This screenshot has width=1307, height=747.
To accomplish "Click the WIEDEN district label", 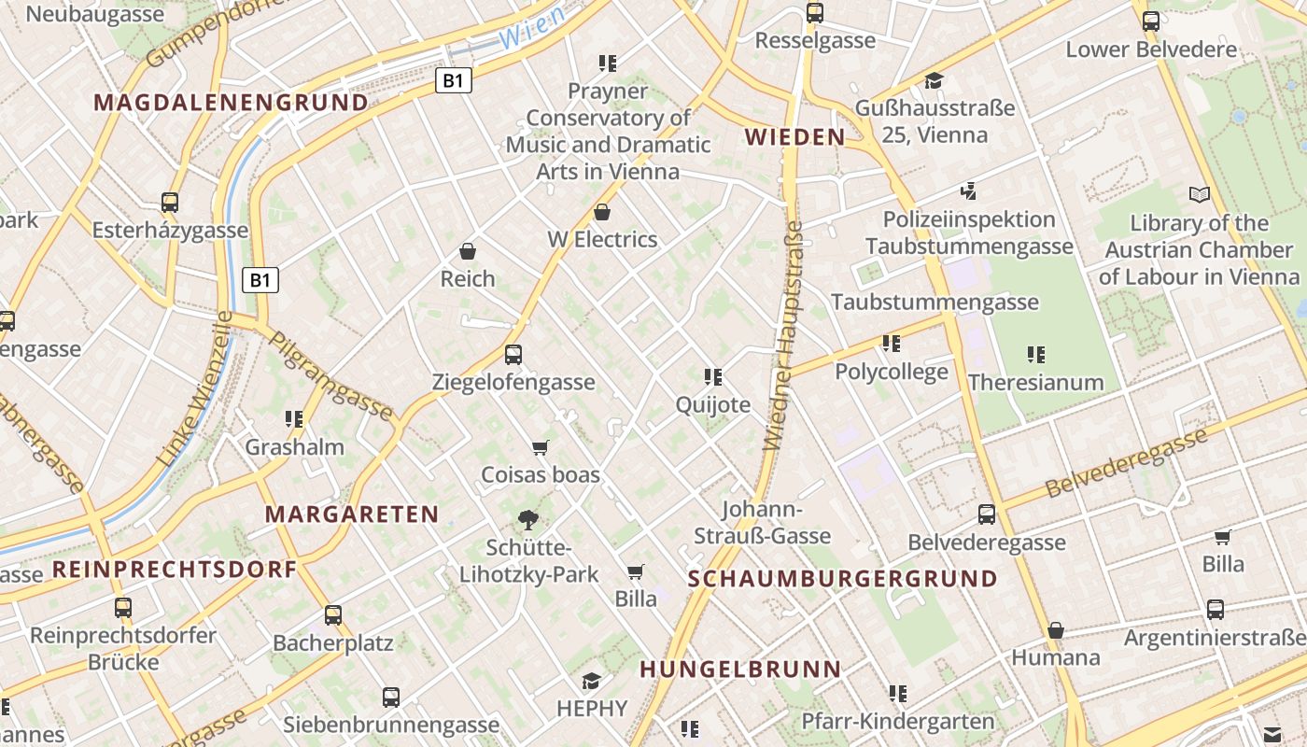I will [794, 137].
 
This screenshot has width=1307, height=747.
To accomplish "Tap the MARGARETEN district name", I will [352, 514].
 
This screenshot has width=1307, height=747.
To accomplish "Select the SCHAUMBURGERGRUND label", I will [843, 578].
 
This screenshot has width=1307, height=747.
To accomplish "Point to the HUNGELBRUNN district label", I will [740, 669].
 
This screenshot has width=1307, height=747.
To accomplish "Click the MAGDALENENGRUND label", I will [232, 102].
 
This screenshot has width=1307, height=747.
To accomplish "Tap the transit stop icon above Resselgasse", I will [815, 13].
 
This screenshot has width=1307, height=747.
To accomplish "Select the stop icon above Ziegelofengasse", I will [513, 355].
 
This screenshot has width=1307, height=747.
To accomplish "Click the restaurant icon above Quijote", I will [713, 377].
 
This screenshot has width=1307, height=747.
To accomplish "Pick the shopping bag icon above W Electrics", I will [602, 212].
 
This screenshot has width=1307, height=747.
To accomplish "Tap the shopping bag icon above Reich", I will [468, 251].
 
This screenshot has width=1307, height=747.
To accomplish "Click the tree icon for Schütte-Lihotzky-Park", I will [528, 520].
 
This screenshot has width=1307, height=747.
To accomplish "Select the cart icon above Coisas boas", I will [540, 447].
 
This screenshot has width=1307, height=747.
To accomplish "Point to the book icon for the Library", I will [1200, 195].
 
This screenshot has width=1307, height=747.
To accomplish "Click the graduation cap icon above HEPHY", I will [591, 681].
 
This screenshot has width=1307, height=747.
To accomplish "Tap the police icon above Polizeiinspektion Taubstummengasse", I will [969, 191].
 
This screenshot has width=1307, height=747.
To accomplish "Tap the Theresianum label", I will [1035, 382].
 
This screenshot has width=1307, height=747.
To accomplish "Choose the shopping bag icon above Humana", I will [1056, 630].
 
